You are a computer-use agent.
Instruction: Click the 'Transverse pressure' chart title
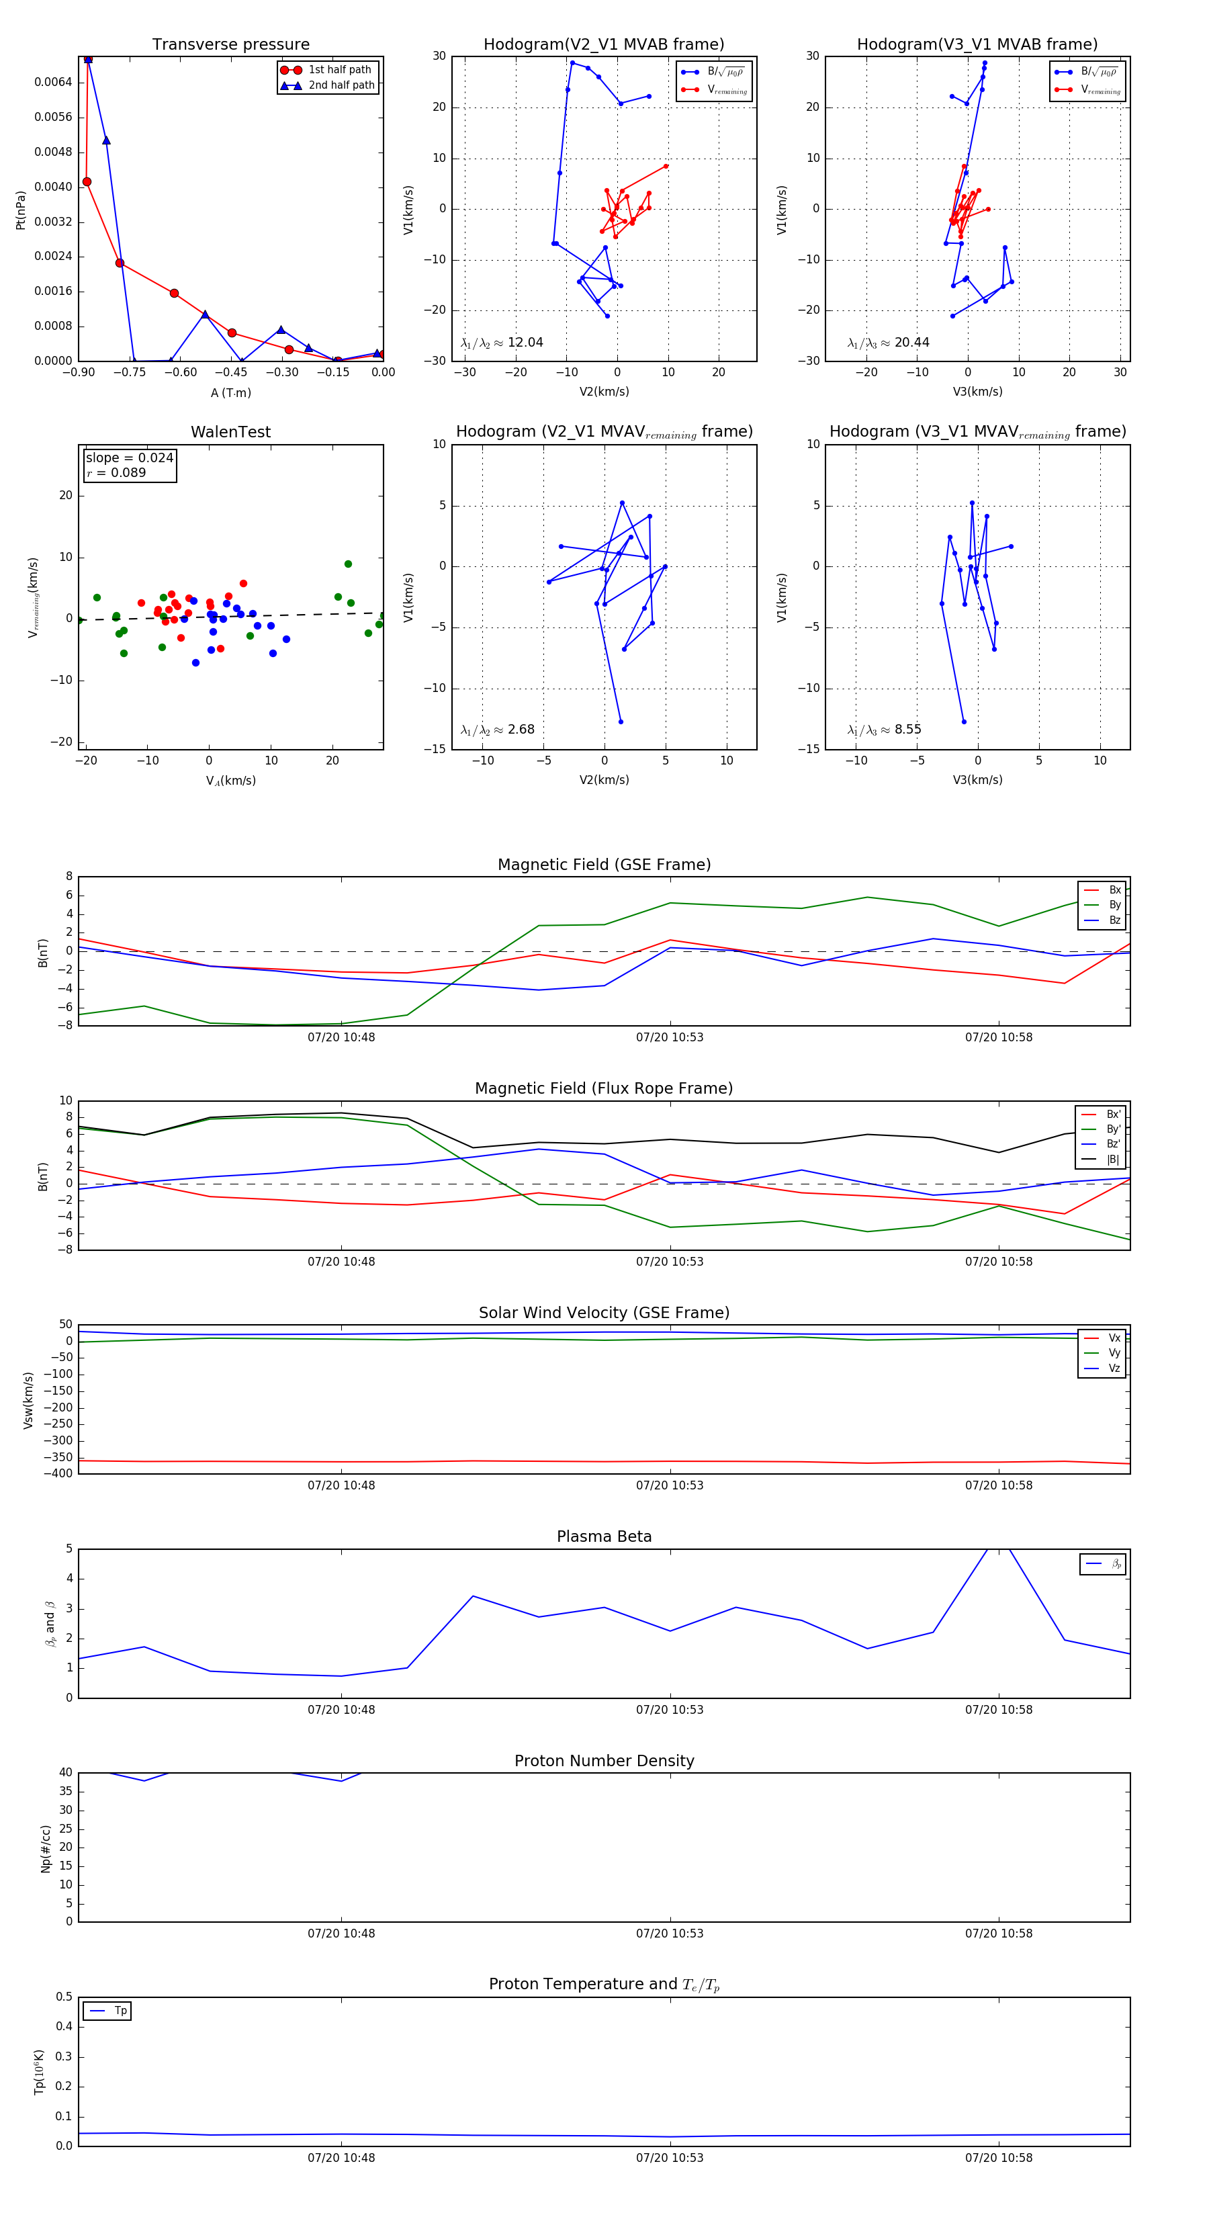tap(230, 45)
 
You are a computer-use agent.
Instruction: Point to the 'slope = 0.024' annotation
tap(129, 458)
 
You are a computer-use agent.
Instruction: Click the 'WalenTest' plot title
tap(230, 432)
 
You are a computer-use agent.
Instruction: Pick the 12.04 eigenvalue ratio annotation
tap(502, 343)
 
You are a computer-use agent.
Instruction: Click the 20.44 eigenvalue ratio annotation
tap(888, 343)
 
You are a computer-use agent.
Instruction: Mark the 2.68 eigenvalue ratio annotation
tap(497, 730)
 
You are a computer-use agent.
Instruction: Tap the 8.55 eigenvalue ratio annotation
tap(884, 730)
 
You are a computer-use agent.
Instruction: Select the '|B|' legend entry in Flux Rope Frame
tap(1112, 1160)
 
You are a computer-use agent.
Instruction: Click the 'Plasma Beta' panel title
tap(604, 1536)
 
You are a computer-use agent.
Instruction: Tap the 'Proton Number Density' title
tap(604, 1760)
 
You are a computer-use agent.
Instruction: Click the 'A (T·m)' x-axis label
tap(230, 392)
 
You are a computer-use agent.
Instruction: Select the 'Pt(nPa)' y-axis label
tap(21, 210)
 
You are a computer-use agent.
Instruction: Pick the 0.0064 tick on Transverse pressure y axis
tap(52, 83)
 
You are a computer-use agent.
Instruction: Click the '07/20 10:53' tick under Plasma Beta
tap(670, 1709)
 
